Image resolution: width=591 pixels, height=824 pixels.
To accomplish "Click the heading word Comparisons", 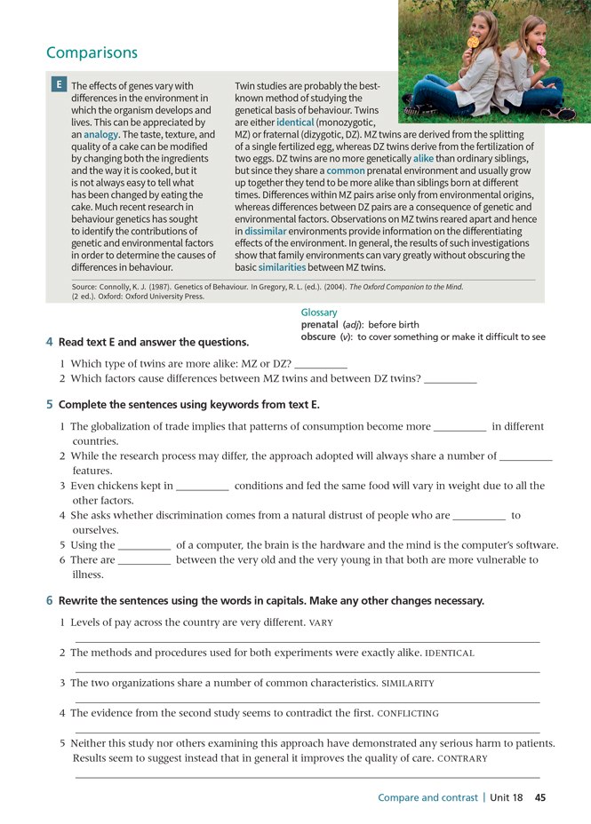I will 92,53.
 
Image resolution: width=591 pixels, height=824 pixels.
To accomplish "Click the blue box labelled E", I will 59,85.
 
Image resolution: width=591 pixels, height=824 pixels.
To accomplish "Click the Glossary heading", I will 319,313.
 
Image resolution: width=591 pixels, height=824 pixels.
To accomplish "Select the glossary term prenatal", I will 319,325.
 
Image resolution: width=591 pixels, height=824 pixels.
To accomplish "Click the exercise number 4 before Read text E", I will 49,343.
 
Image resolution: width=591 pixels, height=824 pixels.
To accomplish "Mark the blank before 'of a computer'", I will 144,545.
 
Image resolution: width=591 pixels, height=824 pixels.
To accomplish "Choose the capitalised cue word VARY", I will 321,622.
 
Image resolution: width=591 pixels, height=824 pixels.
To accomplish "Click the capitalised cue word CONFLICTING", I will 408,713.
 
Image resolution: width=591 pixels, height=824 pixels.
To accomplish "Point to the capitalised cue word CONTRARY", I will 464,759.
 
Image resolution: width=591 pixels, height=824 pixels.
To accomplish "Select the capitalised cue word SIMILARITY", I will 408,683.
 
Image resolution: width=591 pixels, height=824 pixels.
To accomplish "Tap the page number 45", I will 540,797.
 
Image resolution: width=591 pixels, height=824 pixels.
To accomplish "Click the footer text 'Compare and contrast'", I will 427,797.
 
